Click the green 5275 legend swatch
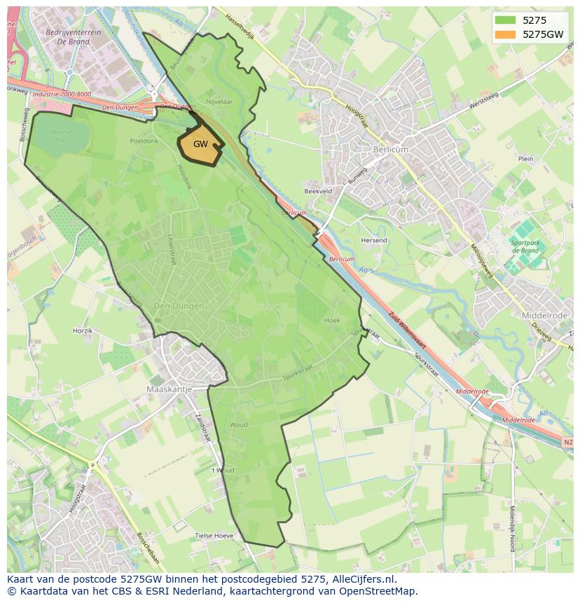click(504, 20)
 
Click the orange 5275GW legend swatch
click(504, 34)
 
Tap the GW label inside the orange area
click(200, 144)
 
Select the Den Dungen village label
click(179, 306)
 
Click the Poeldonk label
click(144, 141)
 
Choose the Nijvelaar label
click(219, 102)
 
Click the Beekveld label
click(318, 190)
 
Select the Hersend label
click(374, 240)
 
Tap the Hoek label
click(332, 320)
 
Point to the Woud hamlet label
click(238, 425)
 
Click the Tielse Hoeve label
click(214, 536)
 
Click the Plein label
click(525, 159)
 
